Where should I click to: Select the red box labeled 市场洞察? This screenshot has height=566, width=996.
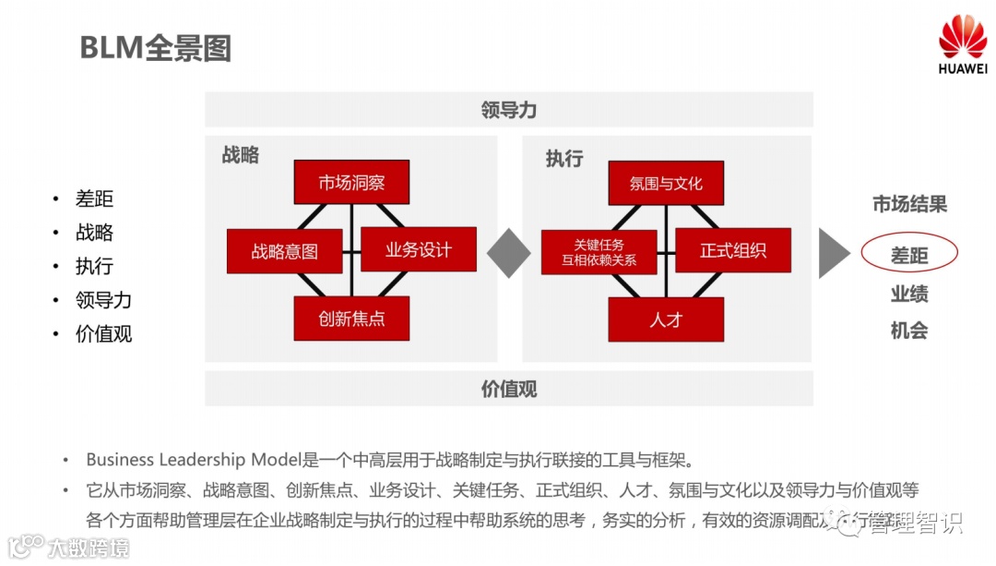click(x=351, y=183)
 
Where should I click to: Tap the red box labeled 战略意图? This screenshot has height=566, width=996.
click(x=284, y=251)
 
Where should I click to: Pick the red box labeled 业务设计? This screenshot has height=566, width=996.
click(x=418, y=250)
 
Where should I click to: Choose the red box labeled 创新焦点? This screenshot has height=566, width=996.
click(x=351, y=319)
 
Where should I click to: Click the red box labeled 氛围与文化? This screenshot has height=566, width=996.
click(x=665, y=183)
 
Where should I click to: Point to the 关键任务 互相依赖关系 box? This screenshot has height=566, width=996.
click(x=599, y=252)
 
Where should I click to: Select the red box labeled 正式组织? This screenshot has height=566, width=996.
click(x=732, y=250)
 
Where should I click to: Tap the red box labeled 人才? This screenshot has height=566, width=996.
click(x=665, y=319)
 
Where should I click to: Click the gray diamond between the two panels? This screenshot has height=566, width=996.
click(x=509, y=252)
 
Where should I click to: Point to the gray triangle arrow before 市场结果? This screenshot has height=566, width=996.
click(x=834, y=252)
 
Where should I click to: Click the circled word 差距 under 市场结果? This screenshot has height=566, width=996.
click(x=909, y=255)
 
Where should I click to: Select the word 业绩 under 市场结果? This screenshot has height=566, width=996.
click(x=909, y=295)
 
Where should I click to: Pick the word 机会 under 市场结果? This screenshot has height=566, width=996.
click(x=909, y=331)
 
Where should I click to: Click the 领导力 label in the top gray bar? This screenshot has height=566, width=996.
click(x=508, y=110)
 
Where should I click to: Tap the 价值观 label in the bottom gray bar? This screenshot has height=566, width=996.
click(x=508, y=389)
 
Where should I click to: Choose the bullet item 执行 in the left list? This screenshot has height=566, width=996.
click(x=94, y=266)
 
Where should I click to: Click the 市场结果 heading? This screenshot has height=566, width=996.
click(x=909, y=205)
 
